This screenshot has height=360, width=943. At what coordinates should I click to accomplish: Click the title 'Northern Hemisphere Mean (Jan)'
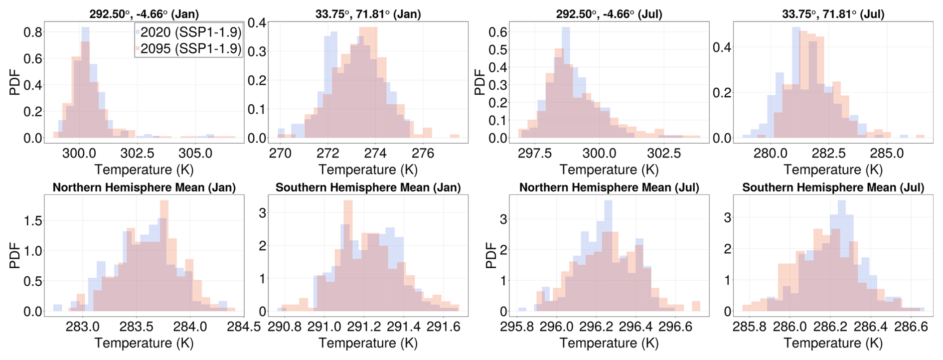coord(144,187)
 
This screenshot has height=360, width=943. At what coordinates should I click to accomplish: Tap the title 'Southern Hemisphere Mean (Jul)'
coord(833,187)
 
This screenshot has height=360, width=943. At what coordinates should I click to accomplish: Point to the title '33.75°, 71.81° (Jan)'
coord(368,14)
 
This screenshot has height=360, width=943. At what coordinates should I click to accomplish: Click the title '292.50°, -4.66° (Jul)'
coord(609,14)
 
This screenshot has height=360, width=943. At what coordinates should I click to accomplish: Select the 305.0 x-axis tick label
coord(196,153)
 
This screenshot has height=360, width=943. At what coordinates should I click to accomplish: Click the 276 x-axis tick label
coord(423,153)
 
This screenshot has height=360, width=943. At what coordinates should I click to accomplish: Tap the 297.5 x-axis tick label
coord(535,153)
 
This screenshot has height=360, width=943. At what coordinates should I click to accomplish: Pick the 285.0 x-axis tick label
coord(887,153)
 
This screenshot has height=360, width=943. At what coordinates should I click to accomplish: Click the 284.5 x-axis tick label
coord(244,327)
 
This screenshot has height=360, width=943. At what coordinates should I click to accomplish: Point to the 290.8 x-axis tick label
coord(285,327)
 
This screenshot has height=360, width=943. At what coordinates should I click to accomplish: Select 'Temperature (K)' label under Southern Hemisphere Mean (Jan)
coord(368,343)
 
